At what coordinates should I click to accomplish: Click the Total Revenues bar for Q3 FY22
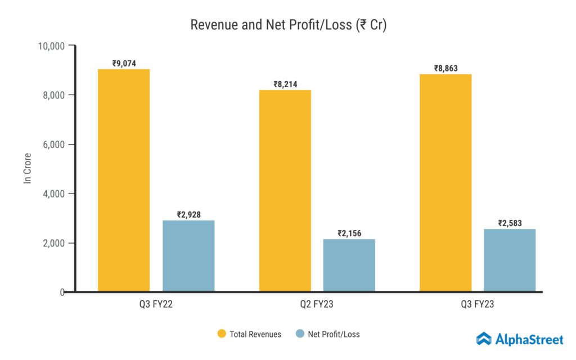124,180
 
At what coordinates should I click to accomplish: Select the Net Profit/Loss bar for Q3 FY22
188,256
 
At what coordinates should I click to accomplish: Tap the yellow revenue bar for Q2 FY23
285,191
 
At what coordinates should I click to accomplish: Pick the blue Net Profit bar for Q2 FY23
349,265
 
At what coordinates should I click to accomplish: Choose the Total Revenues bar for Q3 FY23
445,183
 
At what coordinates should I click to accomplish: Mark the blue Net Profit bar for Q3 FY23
510,260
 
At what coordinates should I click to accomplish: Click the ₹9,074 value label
124,64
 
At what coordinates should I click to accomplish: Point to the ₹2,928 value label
188,214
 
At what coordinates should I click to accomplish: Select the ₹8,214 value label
285,84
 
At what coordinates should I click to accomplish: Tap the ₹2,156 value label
349,233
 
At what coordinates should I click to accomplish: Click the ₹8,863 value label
445,69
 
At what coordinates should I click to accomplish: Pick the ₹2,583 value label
510,223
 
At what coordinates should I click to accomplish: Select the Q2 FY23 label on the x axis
317,304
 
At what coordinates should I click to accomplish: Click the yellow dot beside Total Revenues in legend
221,334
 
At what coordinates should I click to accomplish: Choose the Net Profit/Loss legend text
334,334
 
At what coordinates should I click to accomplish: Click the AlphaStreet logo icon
484,339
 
